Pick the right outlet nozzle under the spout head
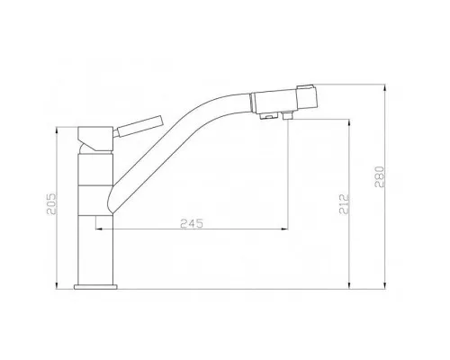pyautogui.click(x=286, y=116)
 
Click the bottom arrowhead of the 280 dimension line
pyautogui.click(x=383, y=287)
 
